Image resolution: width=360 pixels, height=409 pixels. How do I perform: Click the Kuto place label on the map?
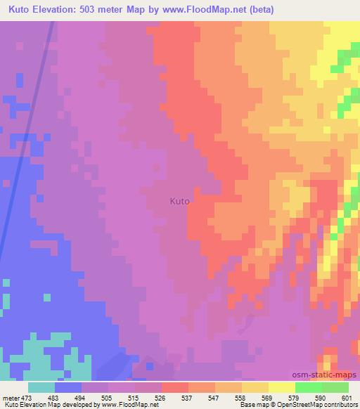pos(180,200)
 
